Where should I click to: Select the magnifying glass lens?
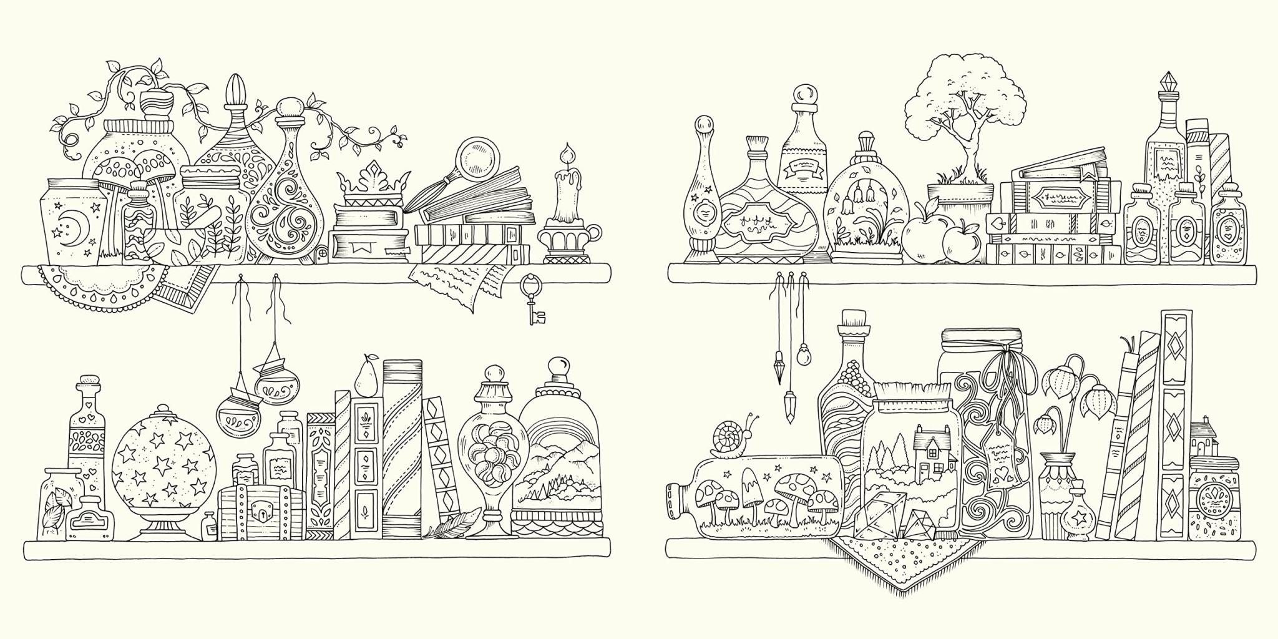coord(475,156)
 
